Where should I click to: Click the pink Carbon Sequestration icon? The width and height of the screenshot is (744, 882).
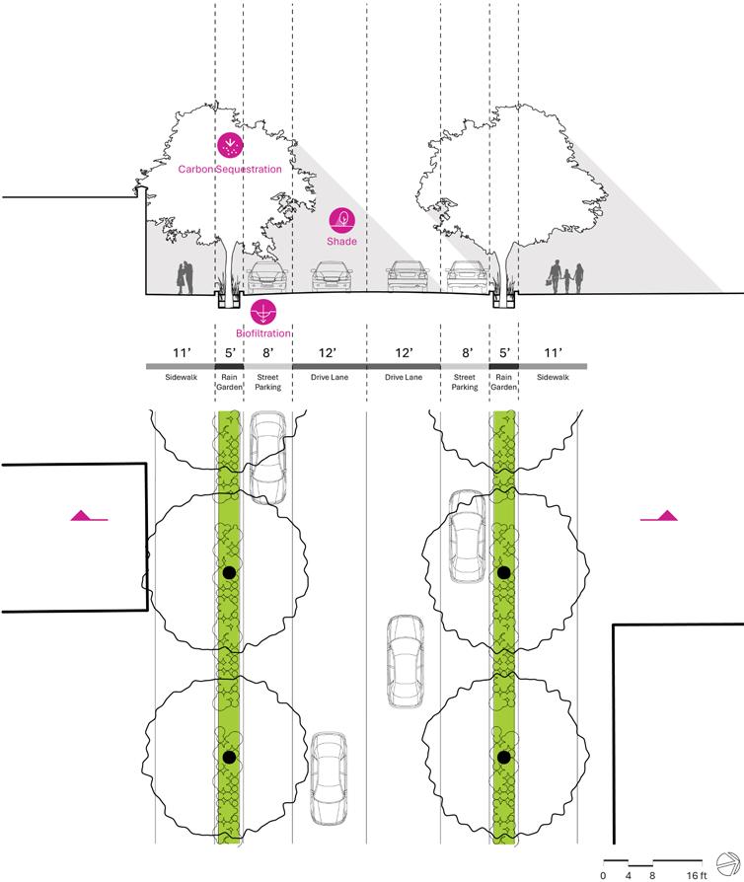coord(229,146)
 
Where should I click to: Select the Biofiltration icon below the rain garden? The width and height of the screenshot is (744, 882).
coord(263,312)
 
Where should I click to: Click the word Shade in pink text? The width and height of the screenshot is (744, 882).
coord(341,241)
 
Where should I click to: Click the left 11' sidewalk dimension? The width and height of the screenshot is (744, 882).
coord(180,352)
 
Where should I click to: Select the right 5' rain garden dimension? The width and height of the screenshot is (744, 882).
coord(503,352)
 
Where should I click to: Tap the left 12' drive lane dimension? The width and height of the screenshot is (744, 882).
coord(329,352)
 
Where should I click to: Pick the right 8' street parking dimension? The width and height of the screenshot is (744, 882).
coord(466,352)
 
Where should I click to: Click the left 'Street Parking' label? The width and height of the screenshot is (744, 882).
coord(267,382)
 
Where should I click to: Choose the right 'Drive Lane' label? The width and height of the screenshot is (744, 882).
coord(404,377)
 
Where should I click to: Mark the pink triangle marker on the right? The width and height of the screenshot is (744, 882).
coord(664,515)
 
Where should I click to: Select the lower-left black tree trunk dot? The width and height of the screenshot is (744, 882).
coord(230,757)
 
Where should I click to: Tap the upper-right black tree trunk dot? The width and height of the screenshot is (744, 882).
coord(503,572)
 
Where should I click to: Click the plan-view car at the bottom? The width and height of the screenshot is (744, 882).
coord(328,776)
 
